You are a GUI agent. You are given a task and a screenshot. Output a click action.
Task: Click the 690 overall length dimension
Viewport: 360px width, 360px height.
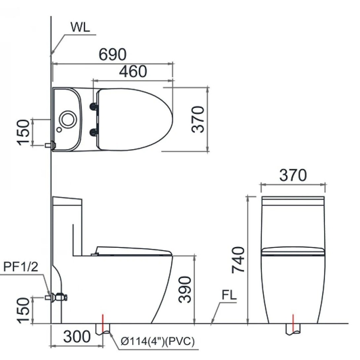[113, 54]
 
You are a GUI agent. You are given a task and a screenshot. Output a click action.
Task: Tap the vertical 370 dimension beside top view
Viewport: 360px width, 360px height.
[198, 119]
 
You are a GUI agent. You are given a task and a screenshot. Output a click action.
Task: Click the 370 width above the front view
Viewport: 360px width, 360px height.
[293, 175]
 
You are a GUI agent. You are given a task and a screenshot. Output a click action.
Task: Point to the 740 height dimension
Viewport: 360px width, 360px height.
[238, 260]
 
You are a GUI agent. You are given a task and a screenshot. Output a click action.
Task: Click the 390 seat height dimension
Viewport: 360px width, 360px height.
[185, 290]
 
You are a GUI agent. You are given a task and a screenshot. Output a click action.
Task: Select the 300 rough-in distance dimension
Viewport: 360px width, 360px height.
[77, 337]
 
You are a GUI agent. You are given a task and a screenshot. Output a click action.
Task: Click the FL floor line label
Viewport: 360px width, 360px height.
[229, 296]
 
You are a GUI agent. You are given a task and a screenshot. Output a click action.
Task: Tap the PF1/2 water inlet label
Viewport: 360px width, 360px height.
[21, 268]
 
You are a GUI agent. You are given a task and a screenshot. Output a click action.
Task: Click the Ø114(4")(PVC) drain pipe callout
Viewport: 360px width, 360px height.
[157, 341]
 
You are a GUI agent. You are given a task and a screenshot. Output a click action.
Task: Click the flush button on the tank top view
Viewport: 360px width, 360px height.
[68, 119]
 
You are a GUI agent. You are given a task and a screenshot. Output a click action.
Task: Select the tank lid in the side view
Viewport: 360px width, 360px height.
[67, 201]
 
